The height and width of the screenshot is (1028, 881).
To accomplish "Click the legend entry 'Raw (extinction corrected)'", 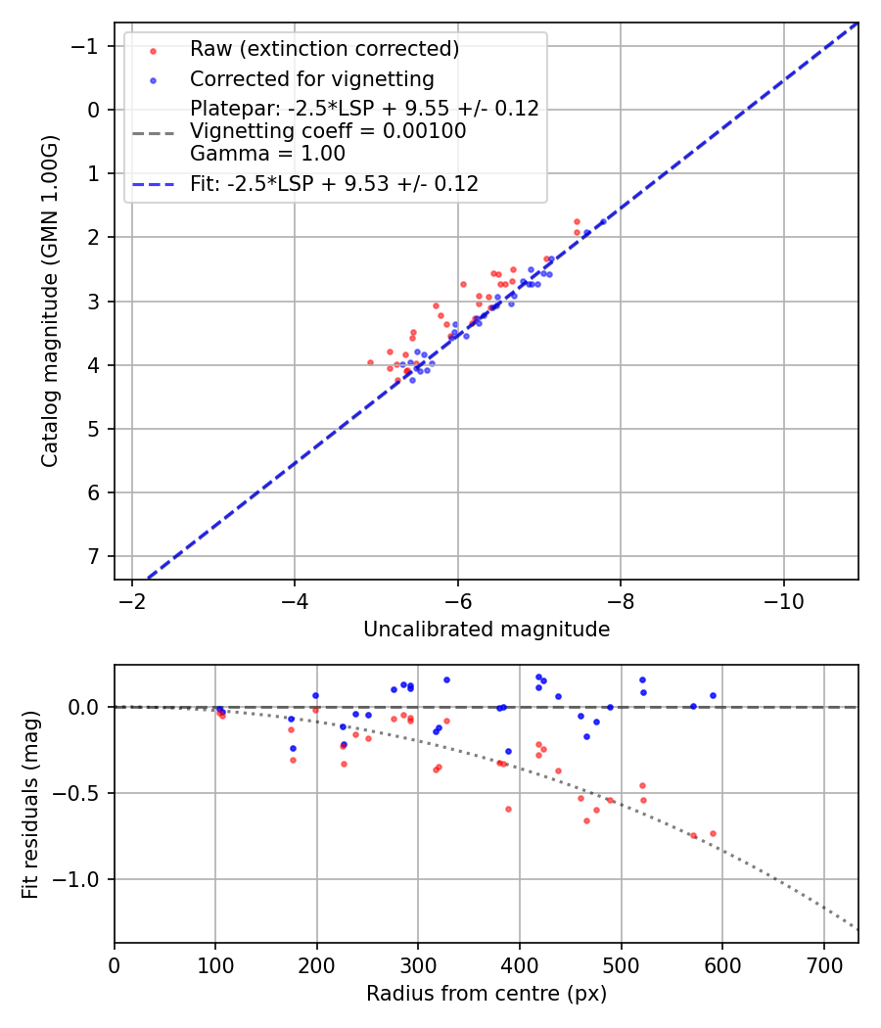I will (324, 49).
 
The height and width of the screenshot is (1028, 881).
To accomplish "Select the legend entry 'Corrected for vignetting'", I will (311, 79).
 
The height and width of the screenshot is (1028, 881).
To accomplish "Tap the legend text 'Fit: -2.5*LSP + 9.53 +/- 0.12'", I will (334, 184).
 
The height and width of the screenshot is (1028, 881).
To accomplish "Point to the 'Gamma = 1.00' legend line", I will (267, 154).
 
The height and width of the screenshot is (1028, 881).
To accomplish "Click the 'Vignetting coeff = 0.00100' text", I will (328, 131).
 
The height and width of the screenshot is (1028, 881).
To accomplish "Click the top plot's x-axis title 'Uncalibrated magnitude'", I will (487, 630).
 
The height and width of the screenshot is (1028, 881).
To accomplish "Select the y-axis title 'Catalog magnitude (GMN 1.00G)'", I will (50, 301).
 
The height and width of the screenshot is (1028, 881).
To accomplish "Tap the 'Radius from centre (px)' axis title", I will (487, 994).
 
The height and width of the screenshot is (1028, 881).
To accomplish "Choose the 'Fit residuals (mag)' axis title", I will (30, 804).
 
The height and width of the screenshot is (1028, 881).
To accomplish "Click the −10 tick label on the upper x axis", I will (783, 601).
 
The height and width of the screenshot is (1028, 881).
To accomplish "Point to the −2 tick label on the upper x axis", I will (131, 601).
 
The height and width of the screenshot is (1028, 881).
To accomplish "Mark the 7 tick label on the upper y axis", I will (94, 557).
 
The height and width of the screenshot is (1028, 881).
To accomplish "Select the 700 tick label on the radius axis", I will (823, 965).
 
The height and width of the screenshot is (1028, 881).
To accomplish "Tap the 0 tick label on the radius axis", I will (115, 965).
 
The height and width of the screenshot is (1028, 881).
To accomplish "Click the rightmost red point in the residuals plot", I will (713, 833).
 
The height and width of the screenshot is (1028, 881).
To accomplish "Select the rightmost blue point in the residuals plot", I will (713, 695).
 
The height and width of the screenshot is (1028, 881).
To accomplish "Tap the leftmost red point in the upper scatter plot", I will (370, 362).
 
